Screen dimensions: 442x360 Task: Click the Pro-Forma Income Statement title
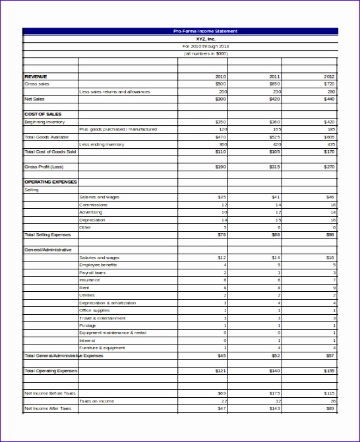(205, 31)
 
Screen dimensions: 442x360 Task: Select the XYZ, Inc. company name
(206, 39)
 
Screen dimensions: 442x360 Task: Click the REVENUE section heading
(36, 76)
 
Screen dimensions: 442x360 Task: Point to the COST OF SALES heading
(43, 114)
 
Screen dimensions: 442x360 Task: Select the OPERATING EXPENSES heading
(51, 182)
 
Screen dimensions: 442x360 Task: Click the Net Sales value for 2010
(221, 99)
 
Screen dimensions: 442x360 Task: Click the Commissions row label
(93, 205)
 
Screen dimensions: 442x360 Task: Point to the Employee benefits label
(98, 265)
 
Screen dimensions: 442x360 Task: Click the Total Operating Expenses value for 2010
(220, 371)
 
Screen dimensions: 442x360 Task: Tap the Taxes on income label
(96, 401)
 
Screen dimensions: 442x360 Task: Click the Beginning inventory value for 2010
(221, 122)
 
